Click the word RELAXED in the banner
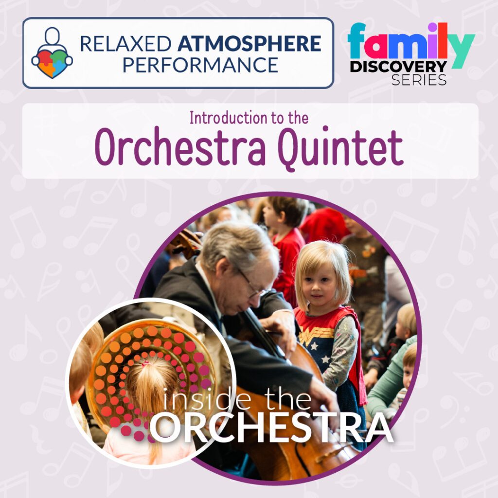(125, 43)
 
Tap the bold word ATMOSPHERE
(249, 43)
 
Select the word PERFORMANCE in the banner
(200, 65)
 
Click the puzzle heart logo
(52, 53)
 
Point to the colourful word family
(411, 44)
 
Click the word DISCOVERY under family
(398, 67)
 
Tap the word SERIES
(419, 80)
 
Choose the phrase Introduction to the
(249, 118)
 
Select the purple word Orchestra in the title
(180, 147)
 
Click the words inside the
(237, 399)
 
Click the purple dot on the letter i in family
(433, 27)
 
